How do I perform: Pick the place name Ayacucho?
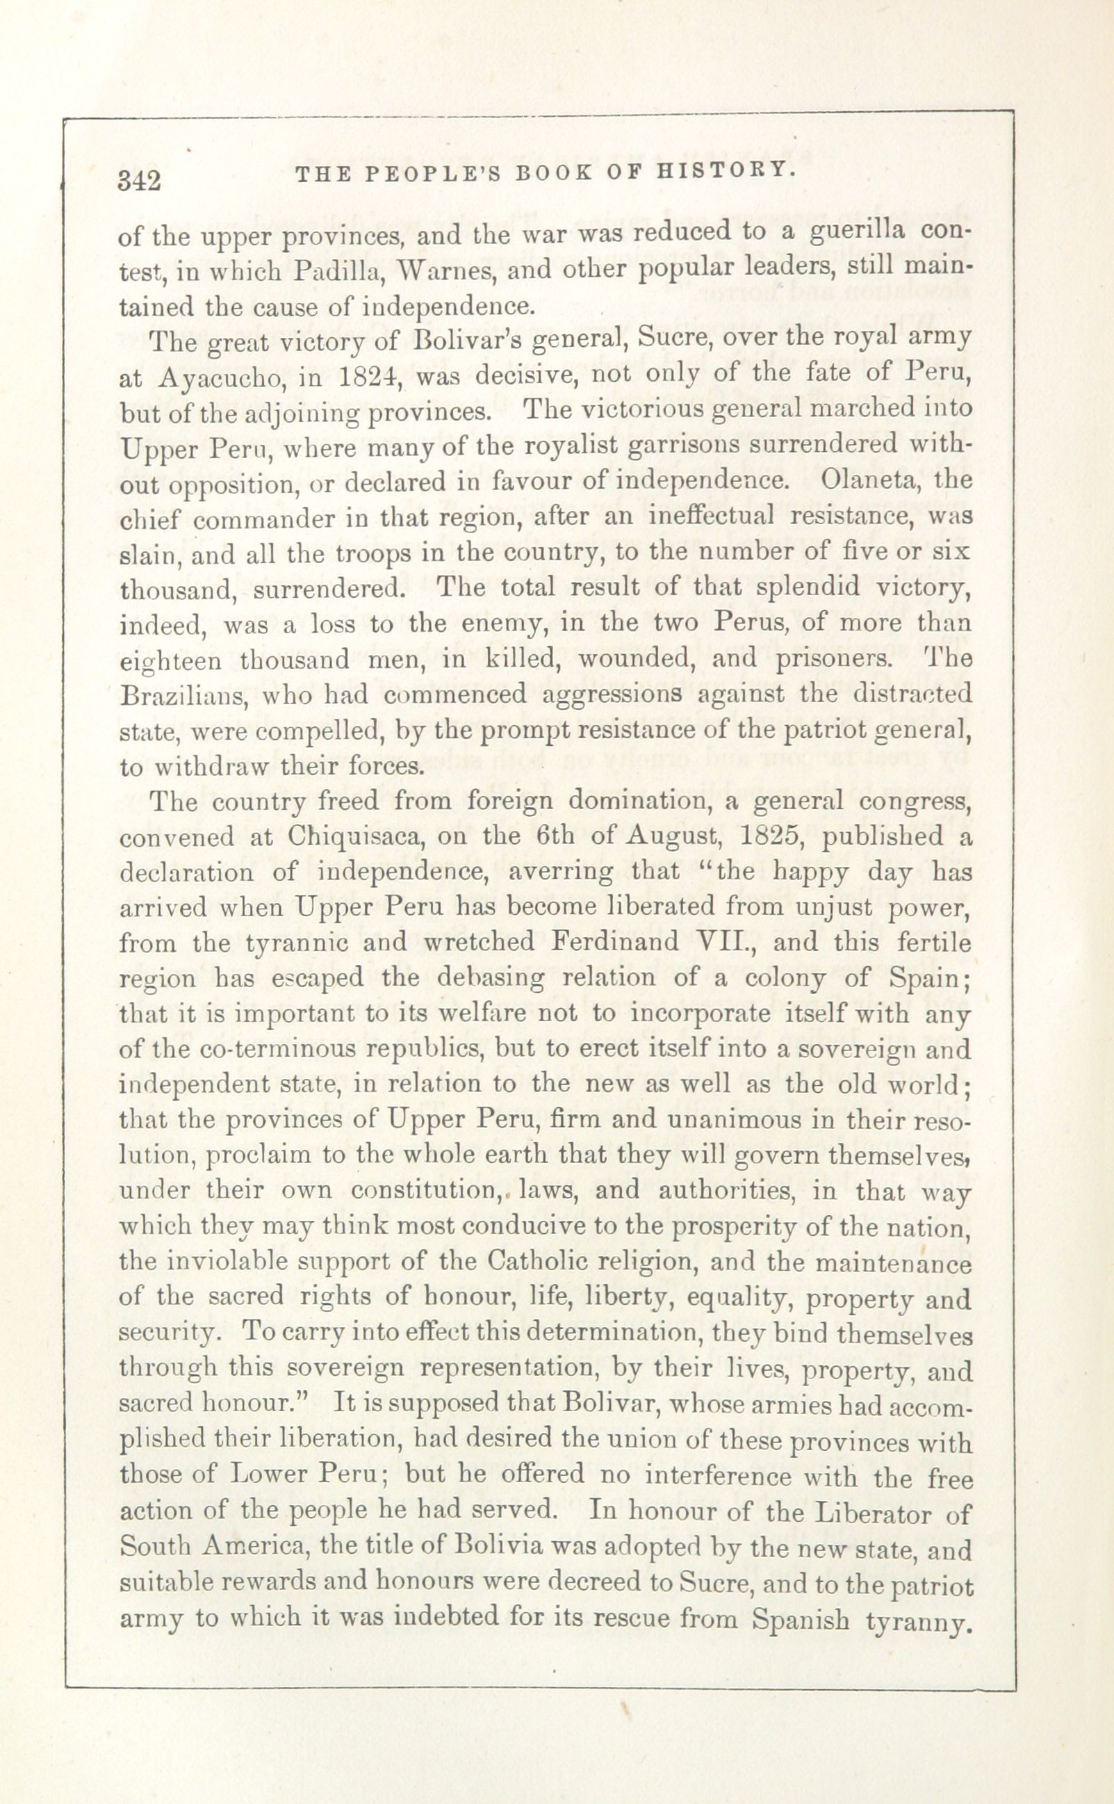213,377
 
